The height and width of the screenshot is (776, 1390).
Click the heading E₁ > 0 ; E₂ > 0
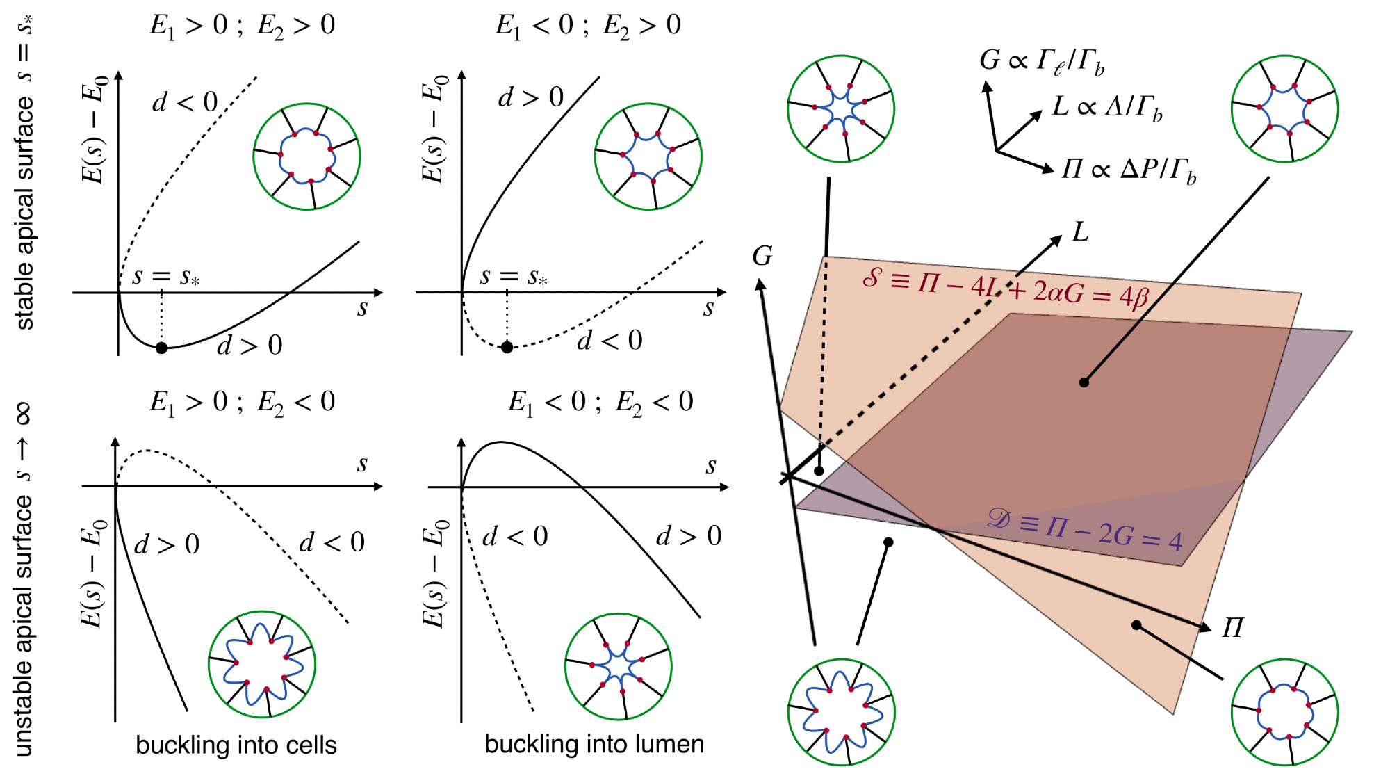point(242,26)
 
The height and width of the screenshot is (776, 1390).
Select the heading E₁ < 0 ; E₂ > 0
point(588,26)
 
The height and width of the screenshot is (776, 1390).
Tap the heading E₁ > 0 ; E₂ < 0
point(242,403)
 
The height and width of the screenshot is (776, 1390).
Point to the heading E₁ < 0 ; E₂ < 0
point(600,403)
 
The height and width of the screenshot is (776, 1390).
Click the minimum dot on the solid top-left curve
point(161,348)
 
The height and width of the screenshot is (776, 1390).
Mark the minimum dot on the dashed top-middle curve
point(507,347)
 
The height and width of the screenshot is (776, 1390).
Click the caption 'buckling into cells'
point(236,745)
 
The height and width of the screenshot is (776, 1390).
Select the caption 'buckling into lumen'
point(594,745)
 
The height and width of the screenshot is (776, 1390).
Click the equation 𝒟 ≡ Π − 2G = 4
point(1084,528)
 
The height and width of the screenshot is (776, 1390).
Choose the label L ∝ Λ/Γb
point(1106,107)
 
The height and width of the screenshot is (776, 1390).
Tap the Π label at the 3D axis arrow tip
point(1232,628)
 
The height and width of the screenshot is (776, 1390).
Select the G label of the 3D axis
point(762,257)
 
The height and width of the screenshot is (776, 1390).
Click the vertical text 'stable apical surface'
point(24,212)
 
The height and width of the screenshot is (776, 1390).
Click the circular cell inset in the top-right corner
point(1284,108)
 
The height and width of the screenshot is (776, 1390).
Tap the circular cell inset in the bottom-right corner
point(1284,712)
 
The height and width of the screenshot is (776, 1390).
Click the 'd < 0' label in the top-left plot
point(185,102)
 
